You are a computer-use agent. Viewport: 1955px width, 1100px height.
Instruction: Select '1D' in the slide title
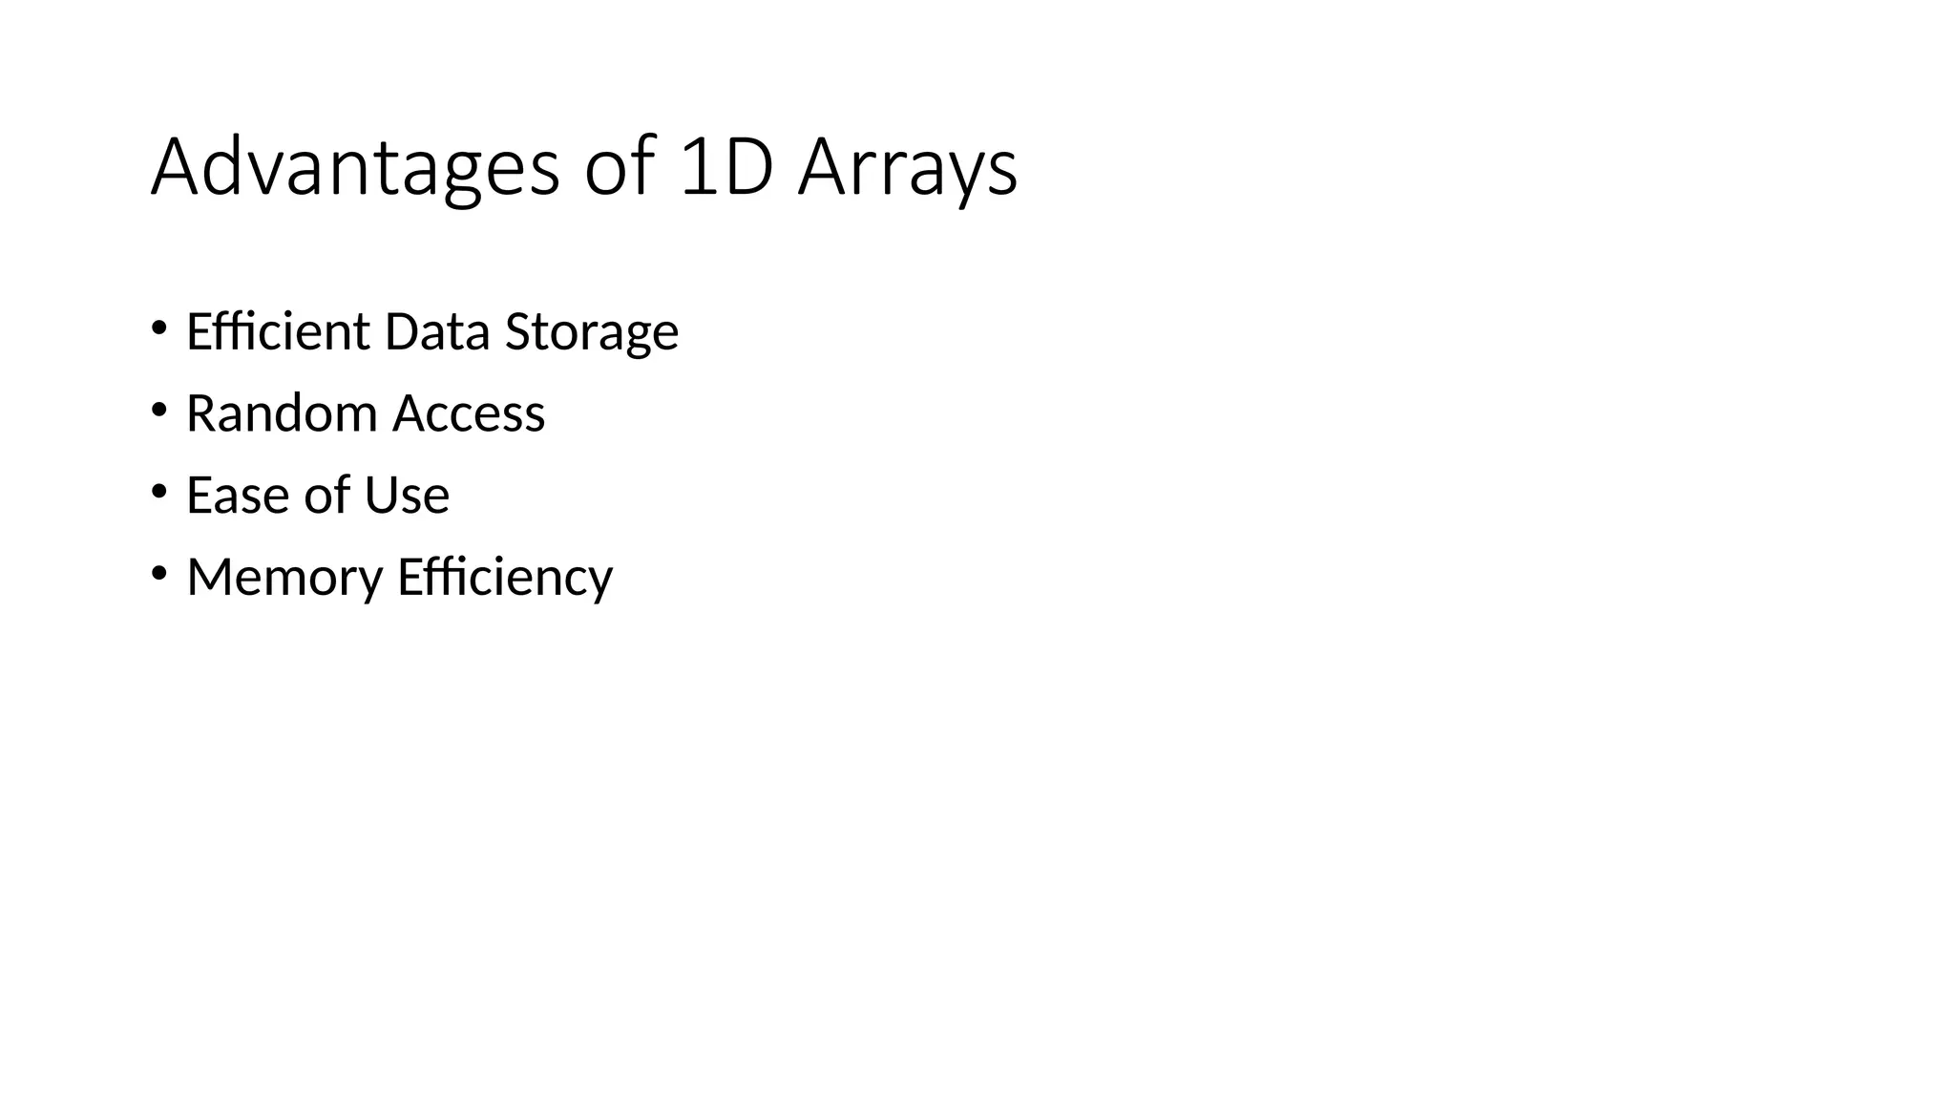click(x=726, y=168)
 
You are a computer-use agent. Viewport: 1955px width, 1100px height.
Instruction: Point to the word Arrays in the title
click(x=908, y=170)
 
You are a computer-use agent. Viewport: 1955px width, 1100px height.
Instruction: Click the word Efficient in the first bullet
click(x=278, y=331)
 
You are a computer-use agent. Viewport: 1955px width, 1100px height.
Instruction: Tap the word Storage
click(x=592, y=333)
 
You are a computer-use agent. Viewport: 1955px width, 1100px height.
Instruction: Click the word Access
click(x=469, y=413)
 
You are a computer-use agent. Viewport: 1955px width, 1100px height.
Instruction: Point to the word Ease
click(x=237, y=495)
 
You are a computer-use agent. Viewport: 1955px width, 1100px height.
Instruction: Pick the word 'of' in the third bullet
click(x=326, y=495)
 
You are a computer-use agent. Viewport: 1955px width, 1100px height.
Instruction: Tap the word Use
click(x=407, y=495)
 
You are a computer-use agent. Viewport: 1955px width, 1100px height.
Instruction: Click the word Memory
click(x=284, y=578)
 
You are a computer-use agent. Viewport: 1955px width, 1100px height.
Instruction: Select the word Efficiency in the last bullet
click(x=505, y=578)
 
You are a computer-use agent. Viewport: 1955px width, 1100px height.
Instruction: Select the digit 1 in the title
click(x=698, y=168)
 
